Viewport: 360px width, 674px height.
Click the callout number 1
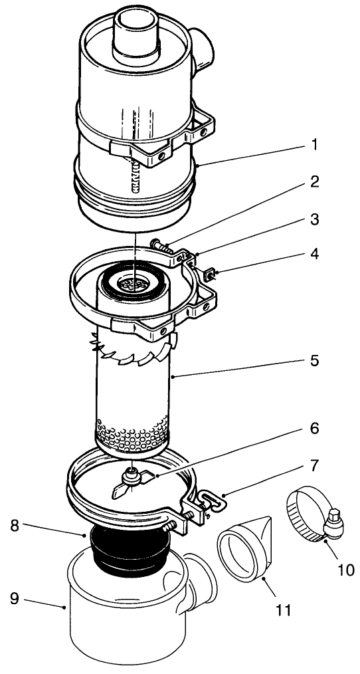tap(314, 144)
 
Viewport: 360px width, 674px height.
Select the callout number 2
tap(314, 181)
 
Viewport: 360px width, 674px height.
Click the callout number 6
tap(314, 429)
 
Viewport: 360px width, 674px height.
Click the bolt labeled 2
tap(165, 248)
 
